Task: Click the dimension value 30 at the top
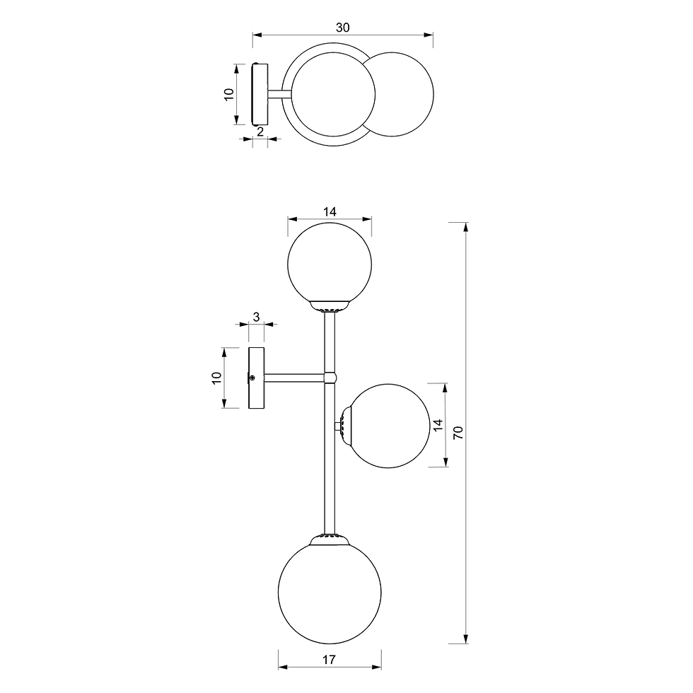coord(342,28)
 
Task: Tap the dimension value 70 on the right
coord(458,432)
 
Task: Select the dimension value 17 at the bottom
coord(329,660)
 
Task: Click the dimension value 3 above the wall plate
coord(256,317)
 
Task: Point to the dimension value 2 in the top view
coord(260,132)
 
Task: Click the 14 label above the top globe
coord(330,211)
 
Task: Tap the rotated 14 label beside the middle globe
coord(438,425)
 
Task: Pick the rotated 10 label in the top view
coord(228,94)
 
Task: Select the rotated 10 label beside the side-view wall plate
coord(216,378)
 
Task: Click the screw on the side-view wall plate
coord(252,378)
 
